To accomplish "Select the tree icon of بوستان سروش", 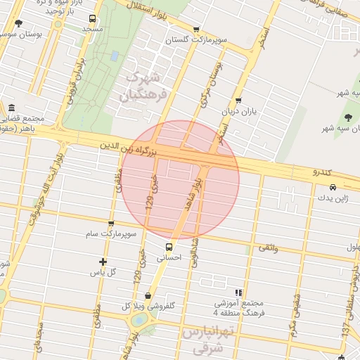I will click(x=18, y=24).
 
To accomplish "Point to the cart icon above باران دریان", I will click(x=238, y=101).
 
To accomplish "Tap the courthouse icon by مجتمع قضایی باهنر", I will click(x=11, y=108).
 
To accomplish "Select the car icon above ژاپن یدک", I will click(x=333, y=187).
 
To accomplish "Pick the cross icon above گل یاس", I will click(x=103, y=262).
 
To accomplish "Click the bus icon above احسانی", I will click(x=168, y=247).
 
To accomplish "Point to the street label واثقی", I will click(x=268, y=247).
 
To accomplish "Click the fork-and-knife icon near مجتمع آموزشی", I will click(x=239, y=292).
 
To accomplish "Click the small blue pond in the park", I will click(x=114, y=56).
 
